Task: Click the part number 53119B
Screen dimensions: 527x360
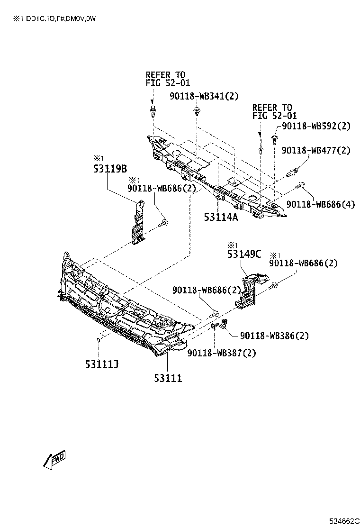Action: coord(110,168)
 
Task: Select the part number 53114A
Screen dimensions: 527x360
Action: coord(221,217)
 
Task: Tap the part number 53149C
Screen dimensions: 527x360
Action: coord(244,254)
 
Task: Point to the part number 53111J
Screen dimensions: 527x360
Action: coord(101,364)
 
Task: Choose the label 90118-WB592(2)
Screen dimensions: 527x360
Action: coord(316,126)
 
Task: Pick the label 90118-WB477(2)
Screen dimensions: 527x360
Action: coord(315,151)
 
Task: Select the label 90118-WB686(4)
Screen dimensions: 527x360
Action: coord(321,204)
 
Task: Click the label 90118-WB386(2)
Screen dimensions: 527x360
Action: coord(274,336)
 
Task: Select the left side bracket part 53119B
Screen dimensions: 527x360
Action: coord(138,222)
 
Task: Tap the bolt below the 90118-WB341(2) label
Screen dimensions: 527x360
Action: coord(197,113)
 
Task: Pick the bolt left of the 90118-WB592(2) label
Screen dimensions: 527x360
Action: coord(274,138)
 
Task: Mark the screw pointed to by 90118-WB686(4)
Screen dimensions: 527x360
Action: coord(299,185)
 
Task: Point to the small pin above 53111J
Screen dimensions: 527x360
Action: coord(98,339)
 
